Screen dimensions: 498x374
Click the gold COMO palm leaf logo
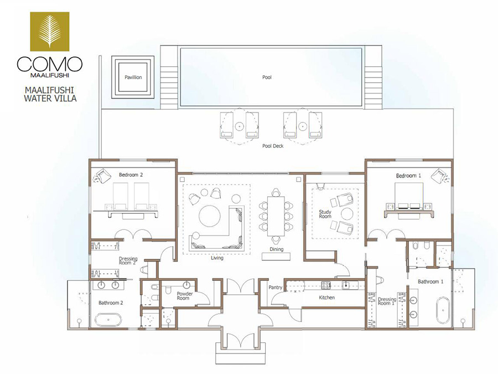[x=50, y=32]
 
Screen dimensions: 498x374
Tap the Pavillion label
[x=133, y=77]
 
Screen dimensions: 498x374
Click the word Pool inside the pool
[x=267, y=77]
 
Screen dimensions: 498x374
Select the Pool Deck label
[x=273, y=146]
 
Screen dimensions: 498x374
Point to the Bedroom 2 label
[x=131, y=175]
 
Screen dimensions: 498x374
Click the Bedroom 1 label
[x=408, y=176]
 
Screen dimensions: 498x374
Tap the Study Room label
[x=325, y=214]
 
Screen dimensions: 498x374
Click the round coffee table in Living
[x=210, y=216]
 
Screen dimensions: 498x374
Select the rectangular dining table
[x=276, y=216]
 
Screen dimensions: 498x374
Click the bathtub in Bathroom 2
[x=108, y=320]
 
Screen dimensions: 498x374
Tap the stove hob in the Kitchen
[x=326, y=285]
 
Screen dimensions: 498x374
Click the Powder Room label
[x=184, y=296]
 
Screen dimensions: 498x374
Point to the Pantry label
[x=276, y=287]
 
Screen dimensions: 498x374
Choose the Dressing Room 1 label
[x=387, y=301]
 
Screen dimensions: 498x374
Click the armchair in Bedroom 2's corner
[x=102, y=175]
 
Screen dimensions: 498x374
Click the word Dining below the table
[x=276, y=249]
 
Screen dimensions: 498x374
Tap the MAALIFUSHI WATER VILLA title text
[x=50, y=94]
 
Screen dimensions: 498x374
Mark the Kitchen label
[x=327, y=298]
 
